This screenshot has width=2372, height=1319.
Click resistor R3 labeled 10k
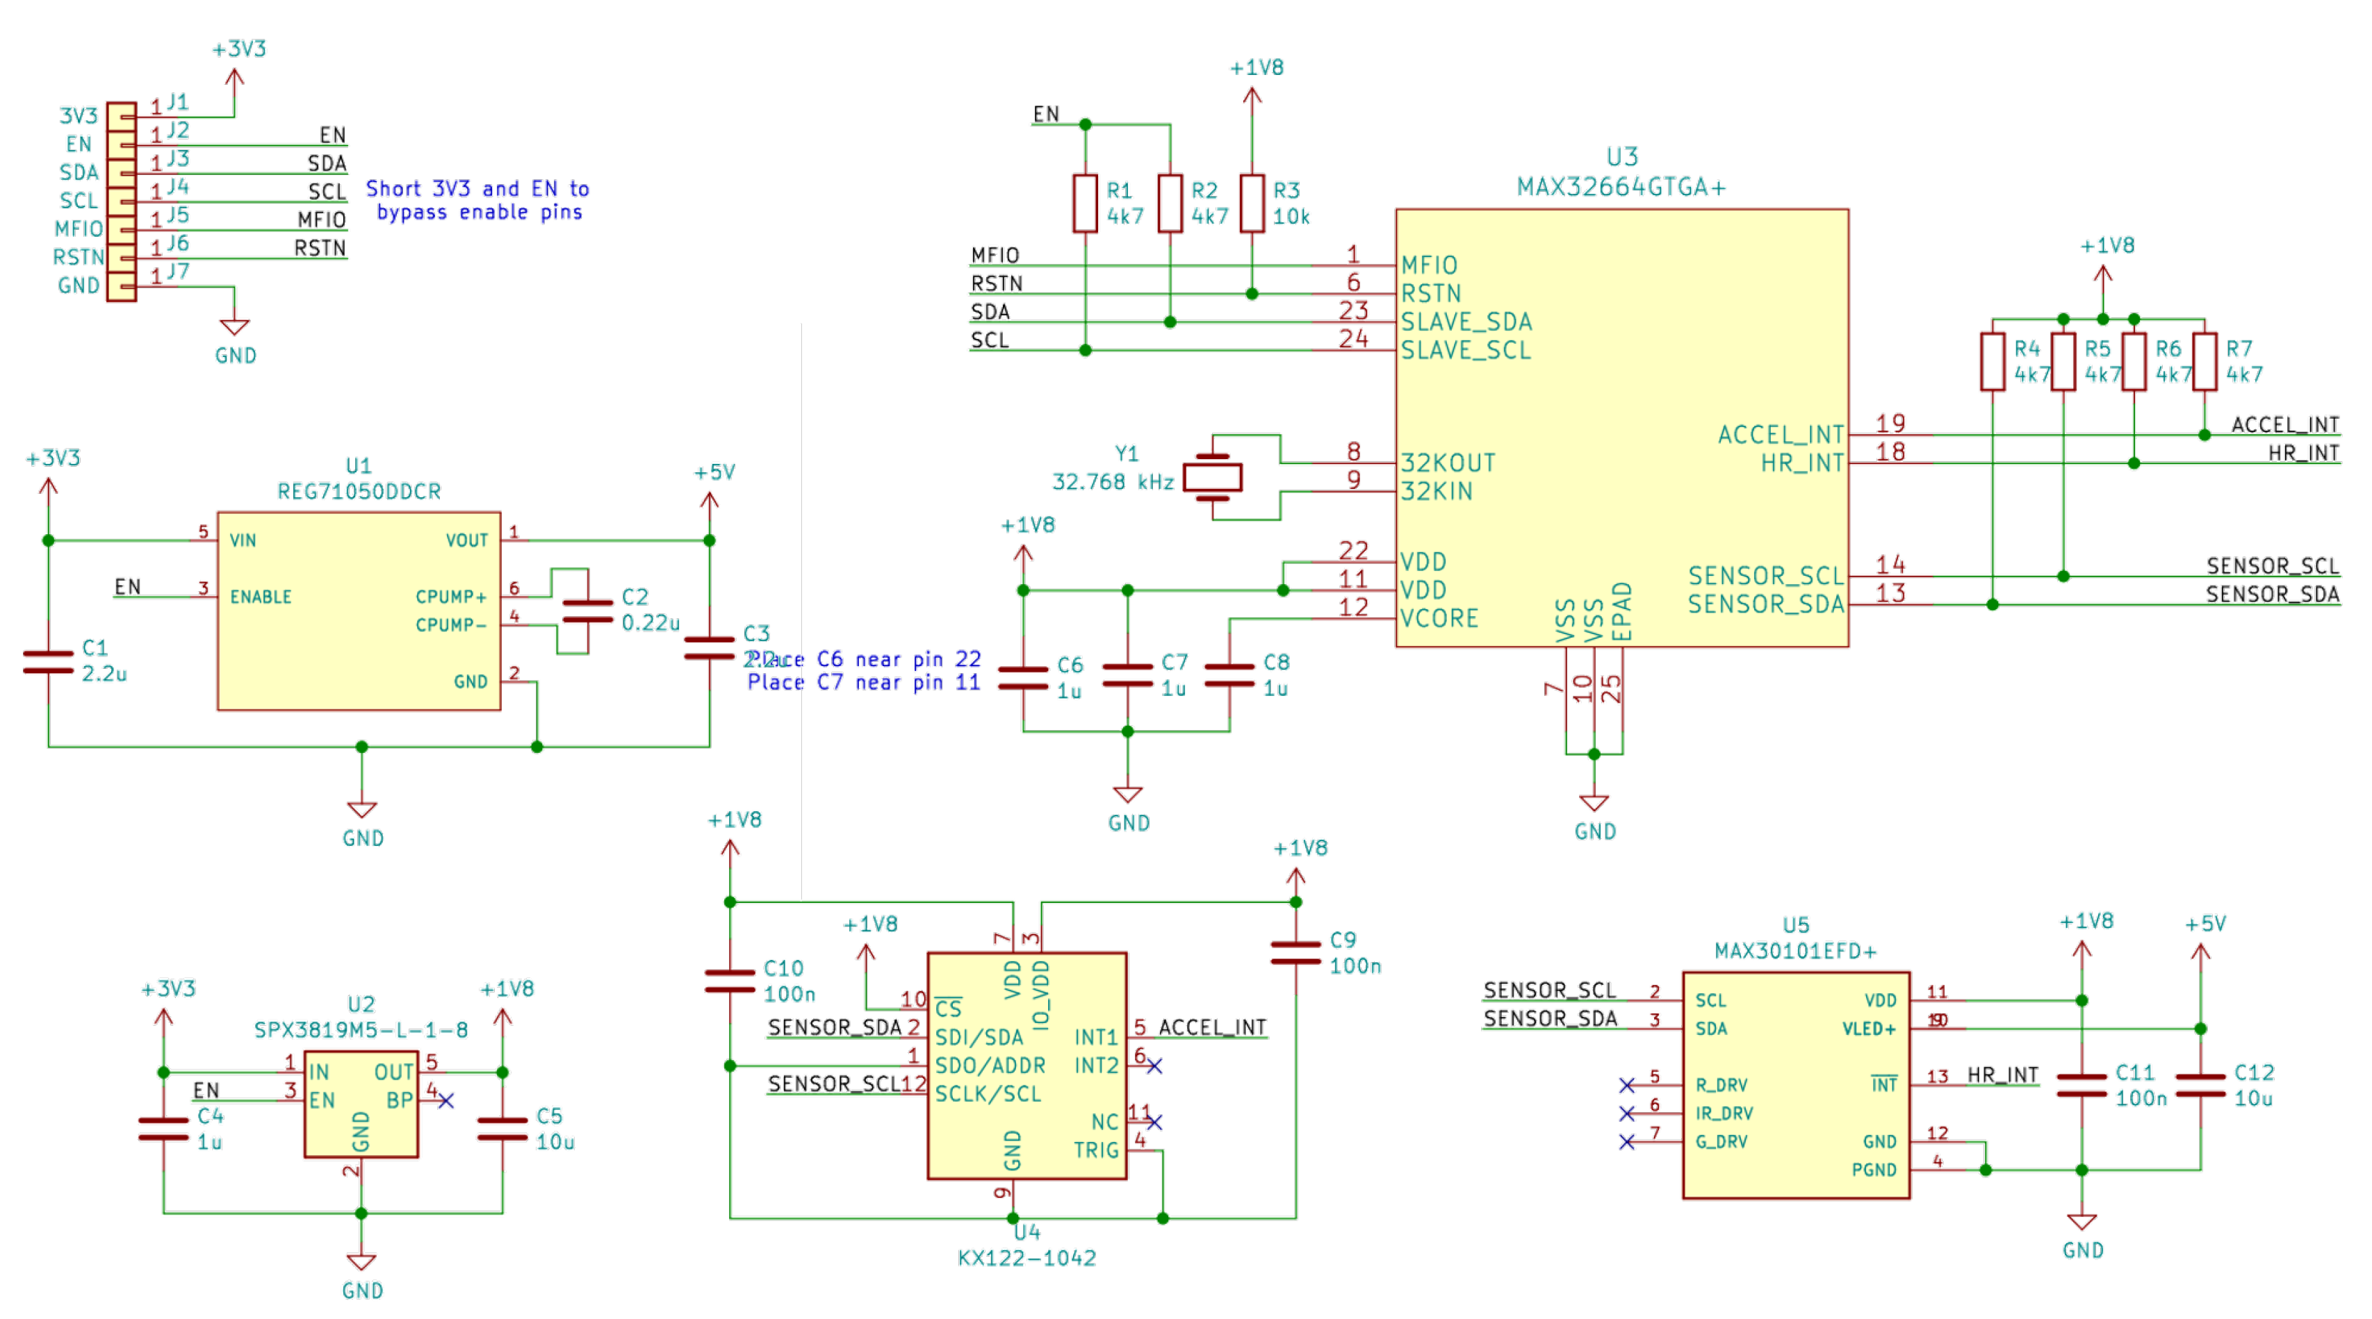(x=1252, y=204)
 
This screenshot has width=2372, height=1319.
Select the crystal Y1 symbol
(x=1212, y=476)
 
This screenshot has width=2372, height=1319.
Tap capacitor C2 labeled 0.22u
(x=587, y=611)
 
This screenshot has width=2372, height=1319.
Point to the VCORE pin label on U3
(x=1439, y=619)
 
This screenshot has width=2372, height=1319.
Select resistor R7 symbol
(x=2204, y=362)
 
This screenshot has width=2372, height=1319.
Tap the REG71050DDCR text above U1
(x=359, y=492)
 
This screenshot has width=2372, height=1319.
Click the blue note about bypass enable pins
(x=477, y=201)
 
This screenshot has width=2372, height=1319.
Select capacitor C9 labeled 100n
(x=1295, y=954)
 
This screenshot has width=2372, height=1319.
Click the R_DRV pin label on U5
(x=1721, y=1085)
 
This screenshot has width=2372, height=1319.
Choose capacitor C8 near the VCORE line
(x=1229, y=676)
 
